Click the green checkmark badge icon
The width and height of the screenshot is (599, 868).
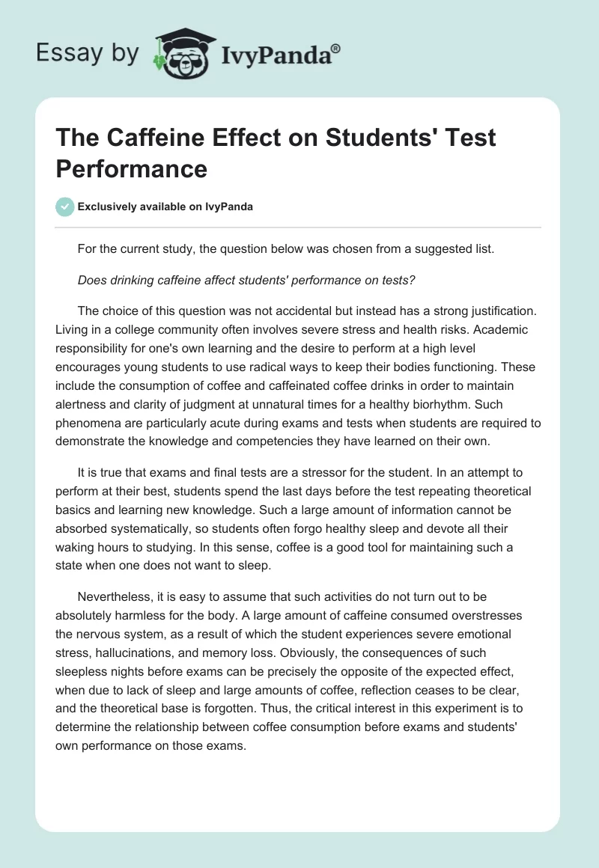click(66, 207)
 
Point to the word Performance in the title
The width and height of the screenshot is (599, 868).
click(131, 168)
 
